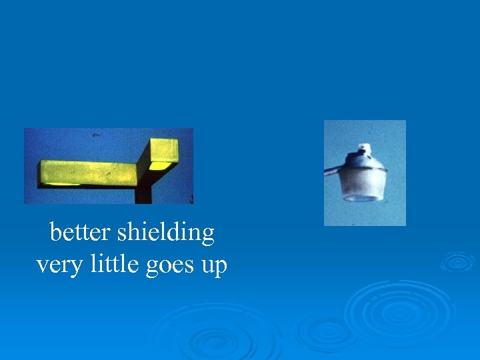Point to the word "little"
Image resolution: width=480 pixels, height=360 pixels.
[100, 265]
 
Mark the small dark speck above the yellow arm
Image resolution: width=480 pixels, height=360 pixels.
[96, 135]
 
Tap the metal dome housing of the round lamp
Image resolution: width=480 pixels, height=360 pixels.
[364, 160]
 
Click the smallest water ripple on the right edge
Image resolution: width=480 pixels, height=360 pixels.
[457, 261]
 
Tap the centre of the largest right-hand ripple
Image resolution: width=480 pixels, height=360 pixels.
[399, 312]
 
